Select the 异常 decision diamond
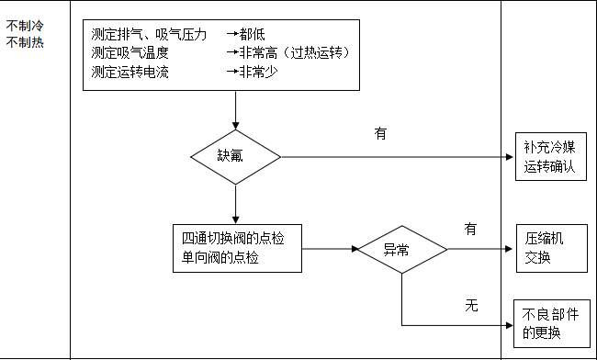pos(401,249)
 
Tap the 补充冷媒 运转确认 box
pos(549,156)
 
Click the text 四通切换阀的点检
pos(233,239)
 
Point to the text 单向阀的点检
pos(220,258)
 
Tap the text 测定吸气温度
pos(130,52)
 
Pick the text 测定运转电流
pos(130,71)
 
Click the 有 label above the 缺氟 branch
pos(380,133)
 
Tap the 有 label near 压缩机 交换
pos(471,229)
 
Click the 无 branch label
pos(471,305)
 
